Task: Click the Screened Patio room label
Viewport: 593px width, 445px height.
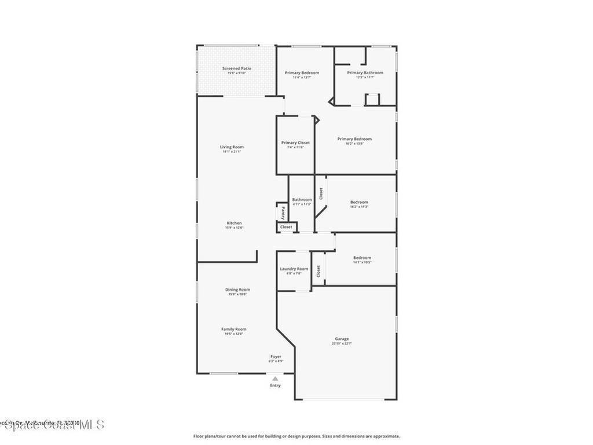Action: [x=236, y=68]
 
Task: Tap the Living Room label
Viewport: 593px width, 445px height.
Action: [x=232, y=147]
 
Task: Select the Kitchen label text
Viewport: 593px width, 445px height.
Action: [x=234, y=223]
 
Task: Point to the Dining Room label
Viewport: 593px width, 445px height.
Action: [x=237, y=290]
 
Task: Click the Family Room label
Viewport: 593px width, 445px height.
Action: [x=233, y=329]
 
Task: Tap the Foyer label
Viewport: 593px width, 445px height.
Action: [x=276, y=356]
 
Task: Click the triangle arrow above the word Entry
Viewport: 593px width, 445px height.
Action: [x=275, y=378]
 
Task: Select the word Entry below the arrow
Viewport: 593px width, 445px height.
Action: [x=275, y=385]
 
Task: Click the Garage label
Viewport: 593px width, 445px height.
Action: [x=342, y=339]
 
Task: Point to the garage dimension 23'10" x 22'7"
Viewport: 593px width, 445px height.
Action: [x=342, y=344]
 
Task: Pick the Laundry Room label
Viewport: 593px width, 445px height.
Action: [x=294, y=269]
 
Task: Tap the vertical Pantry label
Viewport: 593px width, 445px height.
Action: [x=283, y=213]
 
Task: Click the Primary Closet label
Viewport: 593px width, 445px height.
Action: [x=295, y=143]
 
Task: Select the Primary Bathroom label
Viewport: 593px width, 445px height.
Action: [x=365, y=72]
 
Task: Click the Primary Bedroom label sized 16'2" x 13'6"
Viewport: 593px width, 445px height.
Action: [x=354, y=139]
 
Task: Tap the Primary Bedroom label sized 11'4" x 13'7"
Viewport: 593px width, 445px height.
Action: [x=302, y=72]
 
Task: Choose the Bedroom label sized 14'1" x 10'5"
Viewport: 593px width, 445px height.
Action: [x=363, y=258]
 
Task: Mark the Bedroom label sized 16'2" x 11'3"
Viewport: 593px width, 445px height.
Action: [x=359, y=202]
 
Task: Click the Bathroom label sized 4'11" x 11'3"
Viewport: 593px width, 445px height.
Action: [x=302, y=199]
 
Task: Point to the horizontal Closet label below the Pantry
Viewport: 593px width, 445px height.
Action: [x=286, y=227]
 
